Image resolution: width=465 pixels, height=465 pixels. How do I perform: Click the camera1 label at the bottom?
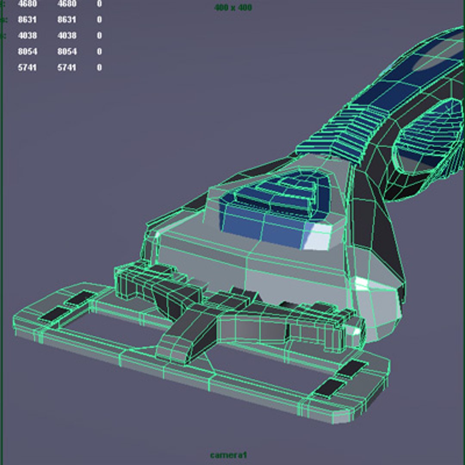tap(229, 455)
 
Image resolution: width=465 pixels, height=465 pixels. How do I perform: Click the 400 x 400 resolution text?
tap(233, 8)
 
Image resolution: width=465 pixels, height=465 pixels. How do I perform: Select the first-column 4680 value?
tap(27, 4)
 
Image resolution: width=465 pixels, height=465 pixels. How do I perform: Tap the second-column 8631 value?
tap(67, 20)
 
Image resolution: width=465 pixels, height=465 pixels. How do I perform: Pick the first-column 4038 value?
tap(27, 36)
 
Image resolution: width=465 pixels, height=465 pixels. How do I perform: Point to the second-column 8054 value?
tap(67, 52)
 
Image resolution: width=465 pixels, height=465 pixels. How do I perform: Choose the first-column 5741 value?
tap(27, 68)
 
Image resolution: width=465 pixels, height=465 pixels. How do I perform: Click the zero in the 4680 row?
tap(99, 4)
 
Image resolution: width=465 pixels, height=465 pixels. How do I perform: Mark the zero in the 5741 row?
tap(99, 68)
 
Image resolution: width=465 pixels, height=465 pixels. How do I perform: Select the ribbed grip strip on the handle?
tap(344, 133)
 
